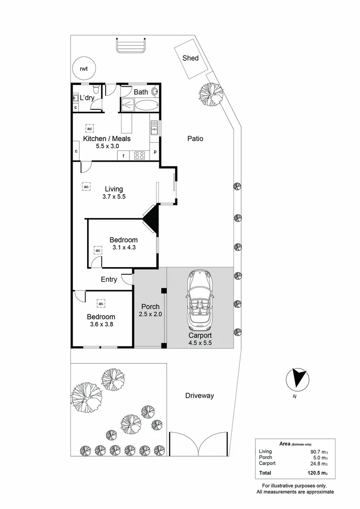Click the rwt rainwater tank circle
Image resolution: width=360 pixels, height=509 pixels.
(x=83, y=69)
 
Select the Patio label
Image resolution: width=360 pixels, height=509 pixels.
(x=195, y=139)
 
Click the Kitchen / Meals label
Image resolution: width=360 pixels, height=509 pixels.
(x=107, y=139)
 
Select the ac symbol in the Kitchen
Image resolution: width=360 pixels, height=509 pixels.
(x=89, y=127)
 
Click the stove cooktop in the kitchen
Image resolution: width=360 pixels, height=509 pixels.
(x=139, y=155)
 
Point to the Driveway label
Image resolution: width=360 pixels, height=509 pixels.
(x=199, y=396)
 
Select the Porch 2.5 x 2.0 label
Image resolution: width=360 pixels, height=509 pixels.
(x=150, y=311)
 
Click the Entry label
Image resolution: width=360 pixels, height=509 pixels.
(x=109, y=279)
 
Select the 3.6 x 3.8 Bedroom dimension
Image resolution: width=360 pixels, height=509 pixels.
(x=101, y=324)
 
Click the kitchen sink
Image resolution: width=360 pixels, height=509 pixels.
(x=154, y=128)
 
